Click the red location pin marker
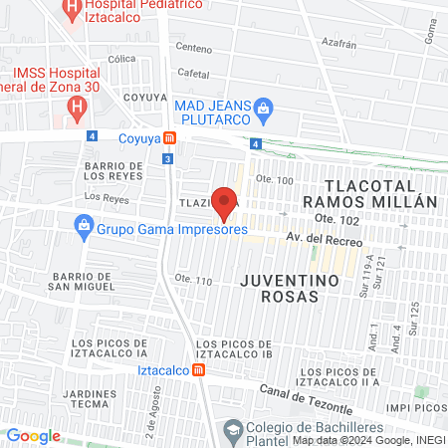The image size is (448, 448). (x=225, y=202)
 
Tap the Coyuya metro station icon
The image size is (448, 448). (x=170, y=138)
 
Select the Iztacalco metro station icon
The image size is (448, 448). (x=200, y=370)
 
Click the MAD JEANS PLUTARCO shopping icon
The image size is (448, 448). (x=264, y=107)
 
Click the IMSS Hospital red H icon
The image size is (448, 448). (x=77, y=105)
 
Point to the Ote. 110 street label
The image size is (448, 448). (x=193, y=281)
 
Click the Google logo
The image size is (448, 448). (x=34, y=435)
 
